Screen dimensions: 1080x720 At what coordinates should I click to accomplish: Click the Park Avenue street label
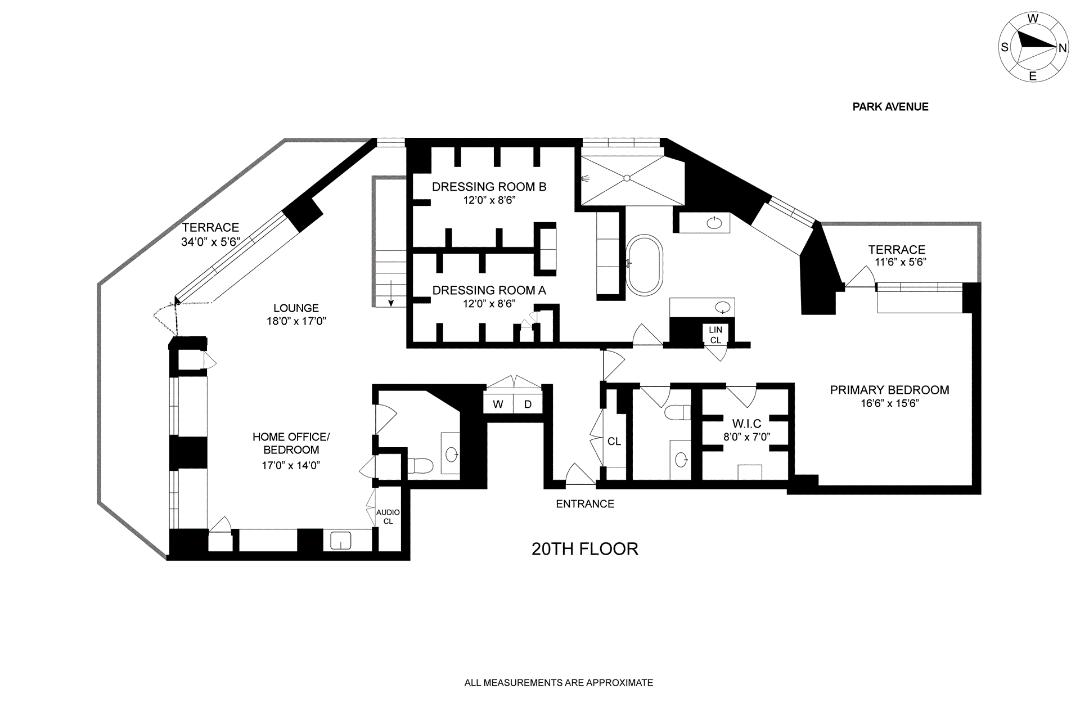(890, 107)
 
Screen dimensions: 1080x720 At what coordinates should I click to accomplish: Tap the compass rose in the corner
(1033, 48)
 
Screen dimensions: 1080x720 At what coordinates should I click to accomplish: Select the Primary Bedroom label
(889, 390)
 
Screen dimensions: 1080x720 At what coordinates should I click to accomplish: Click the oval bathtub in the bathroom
(645, 265)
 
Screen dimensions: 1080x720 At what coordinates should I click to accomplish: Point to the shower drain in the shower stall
(627, 178)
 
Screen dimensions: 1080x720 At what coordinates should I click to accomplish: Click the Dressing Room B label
(489, 187)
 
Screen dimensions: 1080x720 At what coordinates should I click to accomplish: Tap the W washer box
(498, 404)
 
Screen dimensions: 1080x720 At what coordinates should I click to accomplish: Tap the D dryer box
(528, 404)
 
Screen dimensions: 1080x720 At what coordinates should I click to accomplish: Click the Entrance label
(585, 504)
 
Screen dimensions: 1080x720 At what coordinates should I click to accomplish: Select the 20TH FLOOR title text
(585, 548)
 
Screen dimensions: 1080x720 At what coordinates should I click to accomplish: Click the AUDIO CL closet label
(388, 516)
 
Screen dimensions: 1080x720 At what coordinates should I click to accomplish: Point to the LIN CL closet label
(715, 335)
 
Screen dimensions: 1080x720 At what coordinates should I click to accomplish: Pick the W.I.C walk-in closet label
(746, 424)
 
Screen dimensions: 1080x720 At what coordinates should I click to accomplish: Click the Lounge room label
(296, 308)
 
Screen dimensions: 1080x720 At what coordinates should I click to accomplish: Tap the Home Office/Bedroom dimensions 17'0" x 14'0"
(291, 465)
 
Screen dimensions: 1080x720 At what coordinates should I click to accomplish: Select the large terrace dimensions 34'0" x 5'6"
(210, 242)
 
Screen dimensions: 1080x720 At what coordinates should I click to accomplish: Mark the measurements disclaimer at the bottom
(559, 683)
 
